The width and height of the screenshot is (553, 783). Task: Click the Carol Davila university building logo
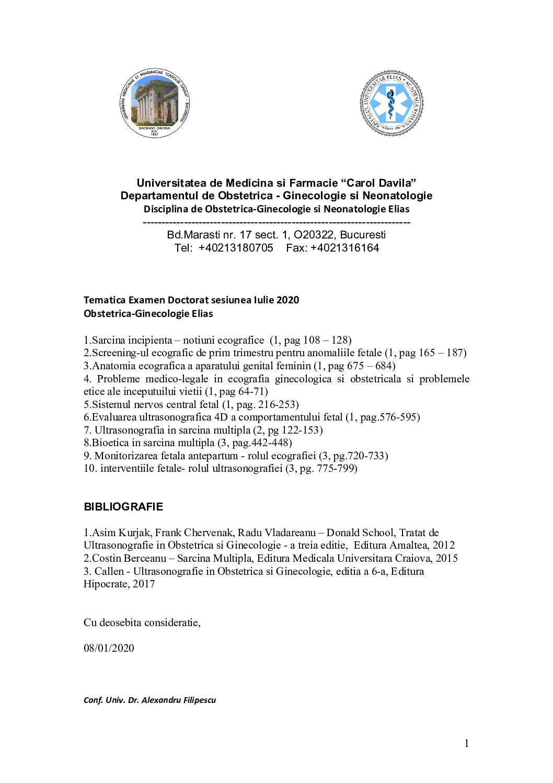click(x=154, y=104)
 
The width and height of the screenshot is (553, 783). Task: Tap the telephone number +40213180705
click(x=236, y=248)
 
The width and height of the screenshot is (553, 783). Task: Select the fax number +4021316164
click(x=344, y=248)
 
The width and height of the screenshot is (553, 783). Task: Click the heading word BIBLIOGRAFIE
click(x=123, y=507)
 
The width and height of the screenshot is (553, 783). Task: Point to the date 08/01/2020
click(x=109, y=648)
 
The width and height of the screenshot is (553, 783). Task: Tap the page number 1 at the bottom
click(x=466, y=744)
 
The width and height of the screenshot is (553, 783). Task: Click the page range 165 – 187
click(x=442, y=353)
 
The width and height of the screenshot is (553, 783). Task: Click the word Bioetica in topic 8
click(x=110, y=443)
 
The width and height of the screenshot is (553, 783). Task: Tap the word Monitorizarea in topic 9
click(x=126, y=456)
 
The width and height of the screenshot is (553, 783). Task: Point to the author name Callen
click(x=110, y=571)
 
